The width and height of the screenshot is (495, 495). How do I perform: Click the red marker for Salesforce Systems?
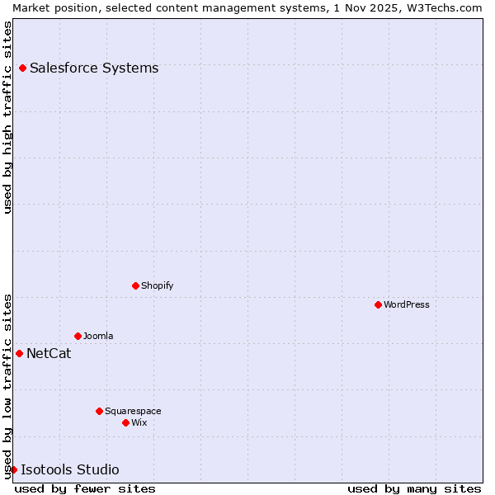(22, 68)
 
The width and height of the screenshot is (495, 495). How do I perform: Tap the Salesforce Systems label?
(94, 68)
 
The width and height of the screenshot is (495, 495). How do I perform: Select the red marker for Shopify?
(135, 285)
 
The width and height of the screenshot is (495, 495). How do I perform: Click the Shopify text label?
(157, 285)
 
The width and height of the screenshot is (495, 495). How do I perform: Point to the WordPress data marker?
(378, 304)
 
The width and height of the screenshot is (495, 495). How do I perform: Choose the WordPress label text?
(406, 304)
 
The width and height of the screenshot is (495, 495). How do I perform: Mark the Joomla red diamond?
(78, 336)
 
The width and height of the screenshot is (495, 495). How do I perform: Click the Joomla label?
(98, 336)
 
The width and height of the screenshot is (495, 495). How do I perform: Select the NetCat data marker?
(19, 353)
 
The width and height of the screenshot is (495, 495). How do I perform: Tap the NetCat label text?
(49, 354)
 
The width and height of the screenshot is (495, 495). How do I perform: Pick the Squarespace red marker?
(99, 411)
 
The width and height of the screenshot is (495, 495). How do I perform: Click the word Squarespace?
(133, 411)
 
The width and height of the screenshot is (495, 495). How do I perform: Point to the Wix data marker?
(125, 422)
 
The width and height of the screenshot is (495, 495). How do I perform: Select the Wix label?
(139, 422)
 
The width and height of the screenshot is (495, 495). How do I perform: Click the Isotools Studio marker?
(13, 469)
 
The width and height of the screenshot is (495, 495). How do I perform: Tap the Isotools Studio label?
(70, 470)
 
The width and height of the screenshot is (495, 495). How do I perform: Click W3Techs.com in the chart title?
(441, 7)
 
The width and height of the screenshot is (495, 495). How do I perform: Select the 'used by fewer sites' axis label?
(85, 488)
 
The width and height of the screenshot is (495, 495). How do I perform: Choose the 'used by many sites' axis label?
(414, 488)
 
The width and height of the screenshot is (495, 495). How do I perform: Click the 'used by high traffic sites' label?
(8, 117)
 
